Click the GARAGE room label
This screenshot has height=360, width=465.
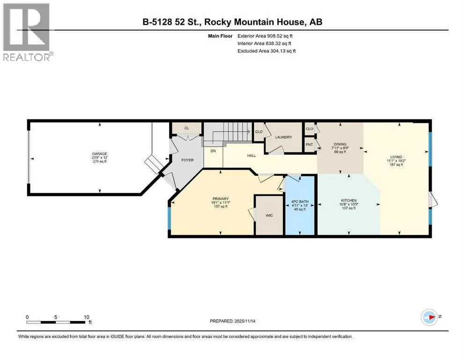coord(99,154)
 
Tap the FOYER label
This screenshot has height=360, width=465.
coord(187,160)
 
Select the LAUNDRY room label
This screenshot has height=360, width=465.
coord(283,137)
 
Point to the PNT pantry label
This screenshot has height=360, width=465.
coord(310,144)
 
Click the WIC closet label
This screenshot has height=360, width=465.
coord(269,215)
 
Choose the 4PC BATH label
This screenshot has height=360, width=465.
coord(300,202)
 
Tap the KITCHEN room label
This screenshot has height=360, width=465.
coord(349,201)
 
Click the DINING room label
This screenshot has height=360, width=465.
coord(340,144)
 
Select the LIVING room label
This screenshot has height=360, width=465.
coord(396,157)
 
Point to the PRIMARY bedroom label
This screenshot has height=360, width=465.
coord(221,199)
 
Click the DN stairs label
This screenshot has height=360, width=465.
coord(213,151)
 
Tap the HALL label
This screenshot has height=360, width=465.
coord(251,156)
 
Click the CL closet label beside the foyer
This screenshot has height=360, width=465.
coord(186,128)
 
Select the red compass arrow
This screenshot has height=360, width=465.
coord(431,317)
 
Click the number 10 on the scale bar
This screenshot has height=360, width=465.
coord(86,317)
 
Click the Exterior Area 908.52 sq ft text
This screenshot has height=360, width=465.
coord(265,36)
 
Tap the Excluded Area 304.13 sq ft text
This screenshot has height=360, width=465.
coord(266,51)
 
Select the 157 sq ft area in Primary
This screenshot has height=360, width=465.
coord(221,206)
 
